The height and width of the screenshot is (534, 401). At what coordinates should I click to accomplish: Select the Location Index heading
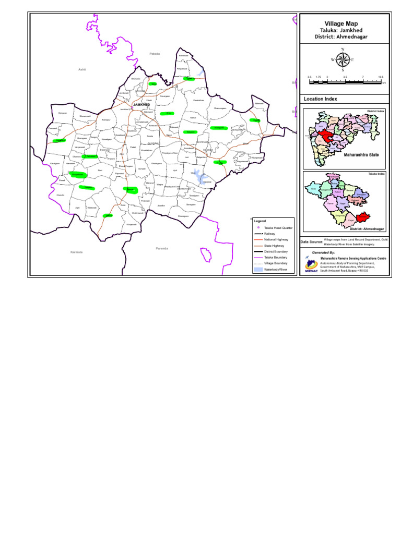320,99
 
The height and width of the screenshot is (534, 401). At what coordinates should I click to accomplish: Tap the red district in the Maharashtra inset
327,134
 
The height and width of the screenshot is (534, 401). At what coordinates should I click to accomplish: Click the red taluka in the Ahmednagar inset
364,216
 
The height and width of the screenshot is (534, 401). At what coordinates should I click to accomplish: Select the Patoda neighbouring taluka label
154,54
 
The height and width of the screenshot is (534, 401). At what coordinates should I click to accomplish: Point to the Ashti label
81,69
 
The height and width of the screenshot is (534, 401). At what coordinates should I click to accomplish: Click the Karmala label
77,252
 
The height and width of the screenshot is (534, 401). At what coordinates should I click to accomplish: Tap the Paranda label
162,248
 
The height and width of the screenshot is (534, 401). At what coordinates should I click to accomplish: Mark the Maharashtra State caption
361,155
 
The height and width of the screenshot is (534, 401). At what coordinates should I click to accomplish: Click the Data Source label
311,242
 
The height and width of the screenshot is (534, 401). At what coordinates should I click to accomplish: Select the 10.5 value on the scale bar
381,77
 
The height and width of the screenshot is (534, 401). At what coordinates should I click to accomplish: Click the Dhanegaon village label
183,216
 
